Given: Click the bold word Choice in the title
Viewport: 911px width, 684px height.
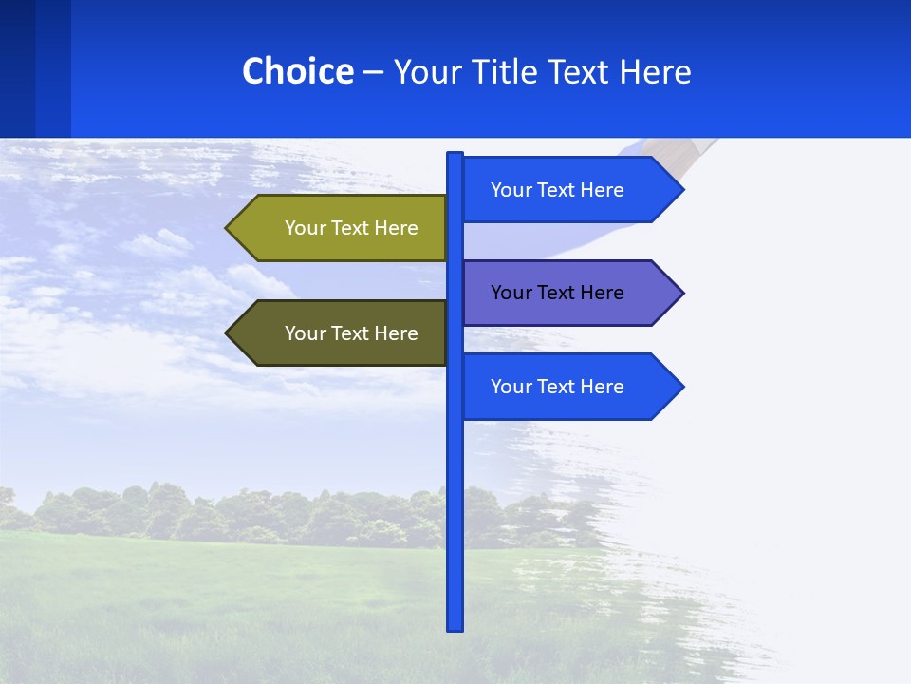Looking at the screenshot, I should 297,71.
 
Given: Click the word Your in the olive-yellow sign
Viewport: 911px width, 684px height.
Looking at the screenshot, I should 304,228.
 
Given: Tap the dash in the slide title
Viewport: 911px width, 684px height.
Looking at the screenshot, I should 373,72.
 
